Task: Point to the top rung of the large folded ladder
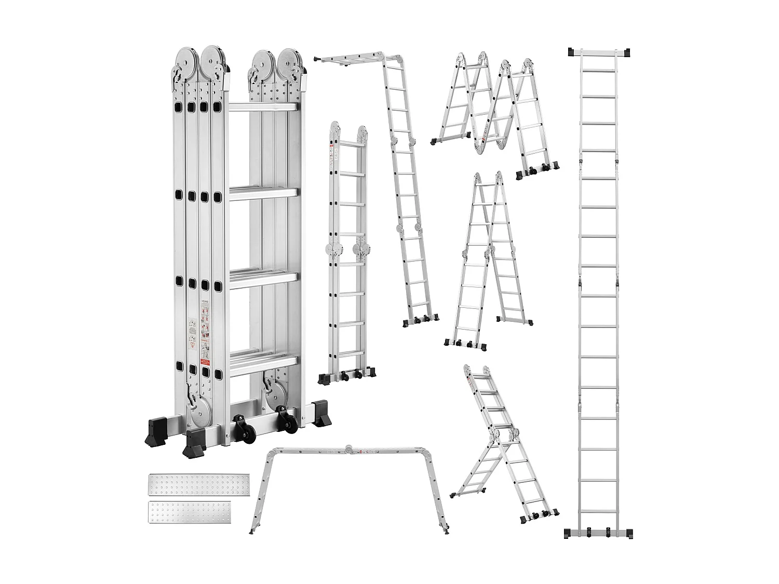coord(263,107)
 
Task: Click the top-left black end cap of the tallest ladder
coord(572,52)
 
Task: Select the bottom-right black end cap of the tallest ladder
coord(629,534)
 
